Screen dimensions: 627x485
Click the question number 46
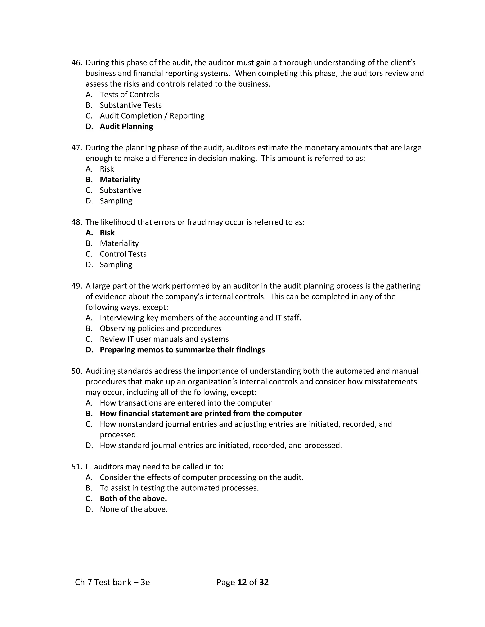(x=76, y=63)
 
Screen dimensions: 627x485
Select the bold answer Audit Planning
(x=126, y=126)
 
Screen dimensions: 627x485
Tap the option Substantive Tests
(x=130, y=105)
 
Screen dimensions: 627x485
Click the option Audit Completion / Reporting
(x=152, y=116)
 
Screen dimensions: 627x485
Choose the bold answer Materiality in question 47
(x=120, y=179)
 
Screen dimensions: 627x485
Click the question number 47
(x=76, y=148)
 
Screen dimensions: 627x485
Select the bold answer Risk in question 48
(x=107, y=233)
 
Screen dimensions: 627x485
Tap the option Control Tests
(x=123, y=254)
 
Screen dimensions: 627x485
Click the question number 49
(x=76, y=286)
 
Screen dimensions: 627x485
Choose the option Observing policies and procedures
(x=161, y=328)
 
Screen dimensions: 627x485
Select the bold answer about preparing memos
(x=182, y=350)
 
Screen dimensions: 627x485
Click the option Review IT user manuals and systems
(x=164, y=339)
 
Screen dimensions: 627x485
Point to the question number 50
(x=76, y=371)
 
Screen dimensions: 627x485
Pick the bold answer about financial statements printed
(x=201, y=413)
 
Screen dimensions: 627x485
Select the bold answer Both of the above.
(x=133, y=498)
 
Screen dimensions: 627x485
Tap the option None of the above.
(x=134, y=509)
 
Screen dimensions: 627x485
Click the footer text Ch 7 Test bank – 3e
(x=112, y=582)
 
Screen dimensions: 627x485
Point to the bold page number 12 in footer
(x=242, y=582)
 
